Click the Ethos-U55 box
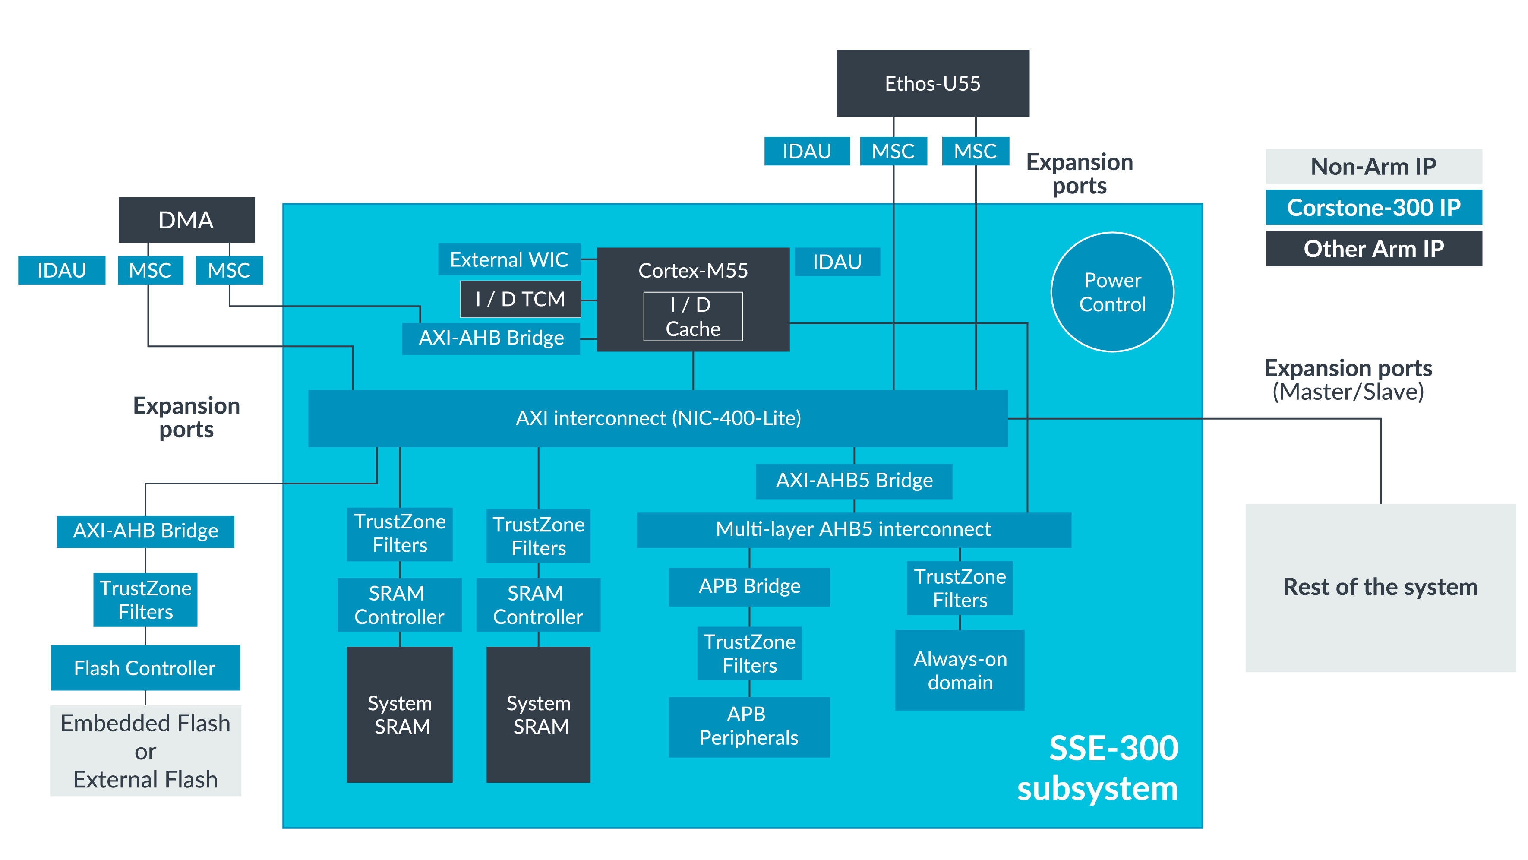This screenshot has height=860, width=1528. [932, 83]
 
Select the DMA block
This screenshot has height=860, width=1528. [186, 219]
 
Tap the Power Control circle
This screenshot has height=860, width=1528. [1112, 292]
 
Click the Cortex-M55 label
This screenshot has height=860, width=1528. [693, 270]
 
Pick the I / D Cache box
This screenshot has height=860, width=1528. [693, 316]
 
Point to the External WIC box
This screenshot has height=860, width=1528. [509, 259]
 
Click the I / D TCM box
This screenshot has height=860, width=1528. [520, 299]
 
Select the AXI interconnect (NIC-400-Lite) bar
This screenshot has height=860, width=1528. [658, 418]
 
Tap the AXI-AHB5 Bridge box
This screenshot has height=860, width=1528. [854, 481]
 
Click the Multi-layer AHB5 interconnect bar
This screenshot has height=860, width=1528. [854, 529]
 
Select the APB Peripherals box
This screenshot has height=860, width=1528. [749, 727]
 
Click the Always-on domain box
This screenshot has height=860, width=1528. [960, 670]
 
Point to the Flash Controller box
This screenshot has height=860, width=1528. [145, 668]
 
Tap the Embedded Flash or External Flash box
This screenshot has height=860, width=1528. [145, 751]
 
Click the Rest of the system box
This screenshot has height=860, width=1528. [1380, 588]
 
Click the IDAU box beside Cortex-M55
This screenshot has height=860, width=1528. [837, 262]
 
